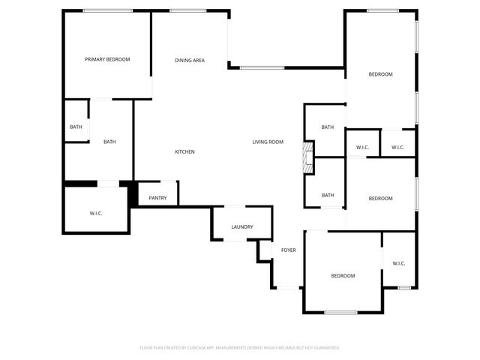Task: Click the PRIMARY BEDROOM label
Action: point(107,59)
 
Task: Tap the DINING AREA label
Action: point(190,61)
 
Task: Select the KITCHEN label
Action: point(184,152)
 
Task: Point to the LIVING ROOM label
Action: point(267,142)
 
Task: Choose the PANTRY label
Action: point(157,198)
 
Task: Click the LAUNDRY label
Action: point(241,226)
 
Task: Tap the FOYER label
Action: point(288,250)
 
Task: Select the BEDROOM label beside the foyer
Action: point(343,276)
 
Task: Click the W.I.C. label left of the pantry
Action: point(96,214)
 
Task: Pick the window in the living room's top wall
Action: point(262,68)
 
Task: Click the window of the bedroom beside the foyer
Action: point(341,312)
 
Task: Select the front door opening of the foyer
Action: point(288,286)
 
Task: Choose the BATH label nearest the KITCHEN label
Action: point(109,142)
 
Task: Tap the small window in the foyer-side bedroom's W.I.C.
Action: point(404,287)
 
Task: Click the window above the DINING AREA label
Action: point(183,10)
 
